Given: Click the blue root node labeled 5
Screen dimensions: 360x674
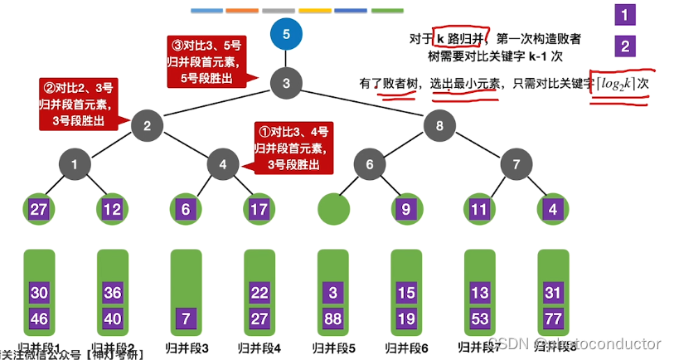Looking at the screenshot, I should (286, 35).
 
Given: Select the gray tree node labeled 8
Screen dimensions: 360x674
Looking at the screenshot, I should (439, 125).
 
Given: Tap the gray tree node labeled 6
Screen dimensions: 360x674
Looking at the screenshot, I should (370, 164).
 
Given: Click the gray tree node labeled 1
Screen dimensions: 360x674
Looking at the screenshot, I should (75, 164).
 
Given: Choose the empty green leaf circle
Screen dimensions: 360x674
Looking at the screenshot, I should (332, 209).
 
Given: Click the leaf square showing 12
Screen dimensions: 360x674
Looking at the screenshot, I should (113, 209).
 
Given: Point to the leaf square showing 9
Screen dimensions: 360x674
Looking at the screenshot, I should (406, 209).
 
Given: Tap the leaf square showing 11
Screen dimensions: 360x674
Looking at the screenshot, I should (478, 209).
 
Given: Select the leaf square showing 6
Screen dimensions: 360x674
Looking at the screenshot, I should (186, 209).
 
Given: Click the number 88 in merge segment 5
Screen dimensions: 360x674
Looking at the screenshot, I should (332, 318).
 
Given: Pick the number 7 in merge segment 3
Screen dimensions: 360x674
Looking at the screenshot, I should (186, 318).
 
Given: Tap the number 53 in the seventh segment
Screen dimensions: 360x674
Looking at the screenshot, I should (478, 318).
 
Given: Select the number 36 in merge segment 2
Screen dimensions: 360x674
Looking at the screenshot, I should (113, 292).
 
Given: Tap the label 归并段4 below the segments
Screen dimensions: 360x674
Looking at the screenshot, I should (259, 348).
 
